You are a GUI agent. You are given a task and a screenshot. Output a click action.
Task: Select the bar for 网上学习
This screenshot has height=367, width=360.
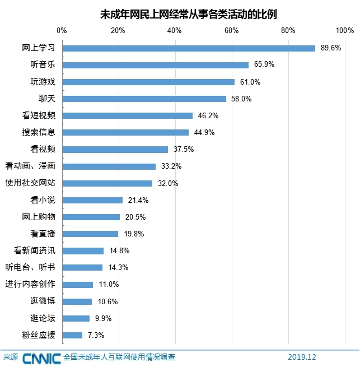pyautogui.click(x=189, y=48)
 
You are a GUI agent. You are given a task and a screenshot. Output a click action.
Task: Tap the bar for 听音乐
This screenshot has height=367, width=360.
pyautogui.click(x=155, y=65)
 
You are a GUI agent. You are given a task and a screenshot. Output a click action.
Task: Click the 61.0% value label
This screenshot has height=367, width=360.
pyautogui.click(x=250, y=82)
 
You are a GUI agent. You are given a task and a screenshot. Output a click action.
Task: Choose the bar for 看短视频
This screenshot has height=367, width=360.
pyautogui.click(x=127, y=115)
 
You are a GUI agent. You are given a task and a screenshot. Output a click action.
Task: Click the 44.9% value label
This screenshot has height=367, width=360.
pyautogui.click(x=204, y=132)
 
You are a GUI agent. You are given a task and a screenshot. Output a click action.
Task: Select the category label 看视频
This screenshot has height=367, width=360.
pyautogui.click(x=43, y=149)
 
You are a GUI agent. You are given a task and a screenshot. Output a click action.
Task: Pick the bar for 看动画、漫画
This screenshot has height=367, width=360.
pyautogui.click(x=109, y=166)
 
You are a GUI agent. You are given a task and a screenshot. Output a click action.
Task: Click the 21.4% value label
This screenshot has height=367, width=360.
pyautogui.click(x=138, y=200)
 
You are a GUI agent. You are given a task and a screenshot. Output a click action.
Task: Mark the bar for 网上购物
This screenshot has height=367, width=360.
pyautogui.click(x=91, y=217)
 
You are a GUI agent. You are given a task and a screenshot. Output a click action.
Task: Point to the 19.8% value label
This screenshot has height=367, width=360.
pyautogui.click(x=133, y=234)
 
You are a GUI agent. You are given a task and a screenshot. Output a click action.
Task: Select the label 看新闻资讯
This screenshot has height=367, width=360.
pyautogui.click(x=35, y=250)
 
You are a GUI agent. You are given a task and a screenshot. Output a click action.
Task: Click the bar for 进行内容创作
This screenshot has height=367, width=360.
pyautogui.click(x=77, y=285)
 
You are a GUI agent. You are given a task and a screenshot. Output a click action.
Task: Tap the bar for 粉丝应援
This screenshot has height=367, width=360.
pyautogui.click(x=72, y=335)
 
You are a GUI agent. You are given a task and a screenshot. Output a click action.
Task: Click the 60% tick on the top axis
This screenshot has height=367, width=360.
pyautogui.click(x=232, y=30)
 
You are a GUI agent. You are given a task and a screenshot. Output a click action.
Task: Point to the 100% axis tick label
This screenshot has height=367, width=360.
pyautogui.click(x=344, y=30)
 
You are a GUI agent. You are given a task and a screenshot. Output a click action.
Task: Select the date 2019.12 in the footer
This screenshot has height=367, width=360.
pyautogui.click(x=302, y=357)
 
